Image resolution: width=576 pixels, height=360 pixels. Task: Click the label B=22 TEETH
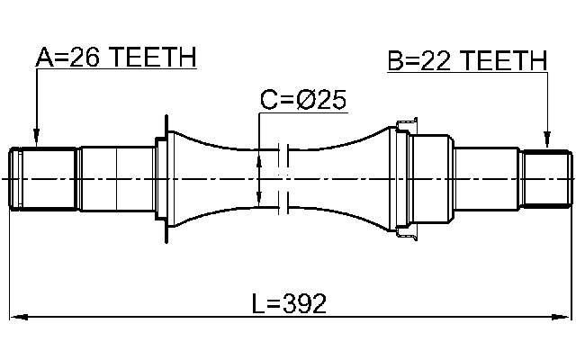coord(467,61)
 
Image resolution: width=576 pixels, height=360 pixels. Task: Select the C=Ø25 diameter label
coord(303,100)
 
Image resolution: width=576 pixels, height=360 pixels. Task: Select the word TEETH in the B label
coord(506,61)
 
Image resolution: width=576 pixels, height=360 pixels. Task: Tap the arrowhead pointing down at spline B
coord(546,143)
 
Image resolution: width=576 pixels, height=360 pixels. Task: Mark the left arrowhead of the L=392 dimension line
coord(16,317)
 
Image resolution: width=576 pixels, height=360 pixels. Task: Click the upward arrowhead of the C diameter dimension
coord(259,159)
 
